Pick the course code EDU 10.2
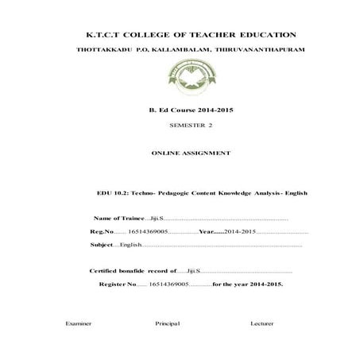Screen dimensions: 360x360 click(x=110, y=193)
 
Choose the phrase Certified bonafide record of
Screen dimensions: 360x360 click(x=133, y=271)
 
